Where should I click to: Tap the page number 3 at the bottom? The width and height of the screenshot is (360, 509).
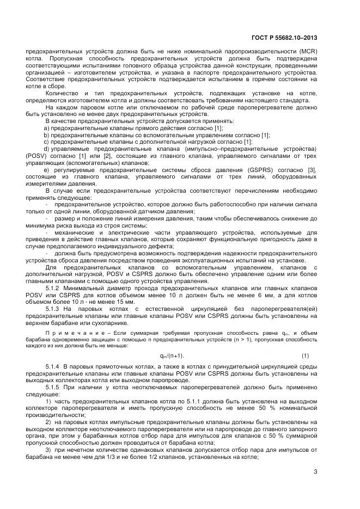[x=315, y=471]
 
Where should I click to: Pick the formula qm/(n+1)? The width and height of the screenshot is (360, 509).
[x=172, y=355]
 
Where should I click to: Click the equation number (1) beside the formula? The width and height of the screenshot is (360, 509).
[x=305, y=355]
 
